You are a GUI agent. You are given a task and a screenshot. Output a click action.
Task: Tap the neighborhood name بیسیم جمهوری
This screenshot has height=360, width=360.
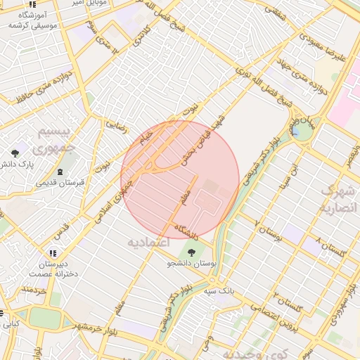tap(44, 140)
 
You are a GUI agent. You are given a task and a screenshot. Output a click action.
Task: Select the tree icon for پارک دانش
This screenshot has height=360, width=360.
tap(15, 153)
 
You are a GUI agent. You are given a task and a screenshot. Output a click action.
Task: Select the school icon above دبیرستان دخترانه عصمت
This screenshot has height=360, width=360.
tap(52, 253)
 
